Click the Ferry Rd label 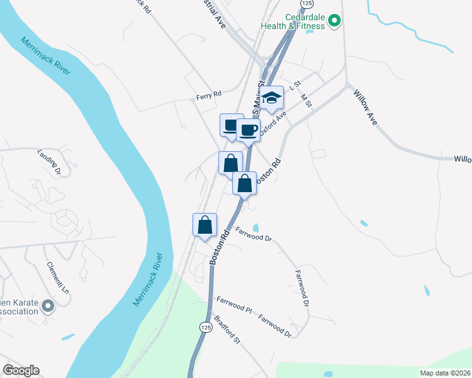pos(208,94)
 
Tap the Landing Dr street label pos(48,161)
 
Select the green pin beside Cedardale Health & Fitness pos(335,22)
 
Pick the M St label pos(307,100)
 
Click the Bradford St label pos(227,330)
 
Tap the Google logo pos(20,370)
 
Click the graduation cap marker pos(273,98)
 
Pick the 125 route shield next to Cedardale pos(306,4)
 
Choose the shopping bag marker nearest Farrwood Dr pos(205,226)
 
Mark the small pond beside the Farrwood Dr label pos(256,227)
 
